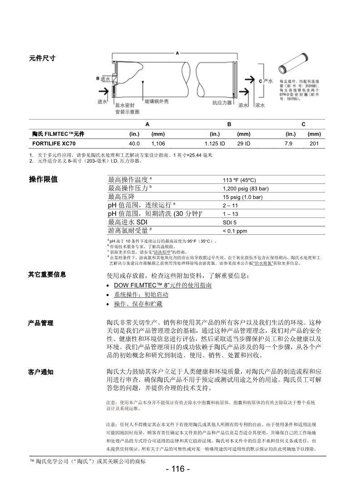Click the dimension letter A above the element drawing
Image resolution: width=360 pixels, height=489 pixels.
click(178, 53)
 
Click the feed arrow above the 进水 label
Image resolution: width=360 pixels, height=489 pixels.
click(110, 93)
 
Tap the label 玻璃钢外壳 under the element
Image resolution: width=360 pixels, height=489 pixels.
click(157, 102)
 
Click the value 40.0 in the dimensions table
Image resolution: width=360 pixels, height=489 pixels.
click(134, 143)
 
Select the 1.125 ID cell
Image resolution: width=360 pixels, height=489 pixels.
click(215, 143)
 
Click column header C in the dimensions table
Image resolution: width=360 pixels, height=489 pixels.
click(303, 124)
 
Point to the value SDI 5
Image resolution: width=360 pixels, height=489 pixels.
click(229, 222)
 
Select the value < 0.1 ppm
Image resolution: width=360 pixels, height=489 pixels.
click(235, 231)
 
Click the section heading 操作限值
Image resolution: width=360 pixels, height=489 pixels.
click(43, 179)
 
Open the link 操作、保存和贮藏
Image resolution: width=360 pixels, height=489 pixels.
click(138, 304)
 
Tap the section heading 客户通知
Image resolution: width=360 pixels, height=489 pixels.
click(41, 372)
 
